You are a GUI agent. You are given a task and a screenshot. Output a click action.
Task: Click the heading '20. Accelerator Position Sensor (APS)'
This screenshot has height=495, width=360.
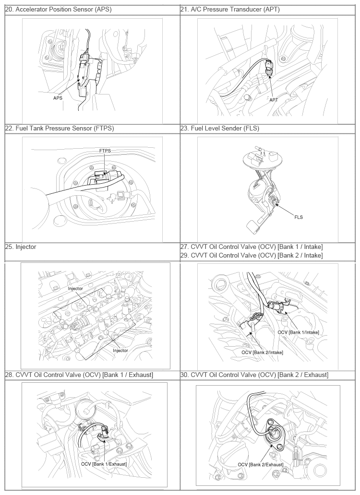pos(59,10)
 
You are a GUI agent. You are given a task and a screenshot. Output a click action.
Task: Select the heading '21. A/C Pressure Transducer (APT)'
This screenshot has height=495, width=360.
pos(230,10)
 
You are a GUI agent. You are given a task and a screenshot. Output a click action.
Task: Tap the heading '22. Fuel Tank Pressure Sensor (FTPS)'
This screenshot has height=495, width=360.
pos(60,128)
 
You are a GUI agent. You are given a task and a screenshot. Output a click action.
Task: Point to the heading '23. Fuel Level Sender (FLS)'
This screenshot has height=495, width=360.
pos(220,128)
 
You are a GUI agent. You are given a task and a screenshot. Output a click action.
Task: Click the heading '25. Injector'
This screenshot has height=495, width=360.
pos(21,247)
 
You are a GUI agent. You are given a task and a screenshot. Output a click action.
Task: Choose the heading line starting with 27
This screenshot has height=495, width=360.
pos(252,247)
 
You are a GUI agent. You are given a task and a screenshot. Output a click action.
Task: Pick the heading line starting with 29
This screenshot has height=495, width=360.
pos(252,255)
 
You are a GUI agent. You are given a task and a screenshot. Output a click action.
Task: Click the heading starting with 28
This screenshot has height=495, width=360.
pos(79,375)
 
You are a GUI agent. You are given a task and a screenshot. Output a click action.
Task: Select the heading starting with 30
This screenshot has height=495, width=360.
pos(254,375)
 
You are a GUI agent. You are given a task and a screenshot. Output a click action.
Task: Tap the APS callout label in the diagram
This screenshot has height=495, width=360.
pos(58,98)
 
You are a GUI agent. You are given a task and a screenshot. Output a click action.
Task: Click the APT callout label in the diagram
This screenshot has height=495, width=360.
pos(274,100)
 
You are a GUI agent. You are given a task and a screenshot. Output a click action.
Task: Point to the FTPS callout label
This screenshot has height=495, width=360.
pos(105,151)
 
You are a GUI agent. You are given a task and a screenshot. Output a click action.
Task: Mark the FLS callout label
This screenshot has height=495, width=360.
pos(299,217)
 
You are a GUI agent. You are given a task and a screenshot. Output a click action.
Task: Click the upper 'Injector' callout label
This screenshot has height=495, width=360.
pos(75,289)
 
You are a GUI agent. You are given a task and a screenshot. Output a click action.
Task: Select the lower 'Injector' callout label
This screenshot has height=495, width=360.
pos(120,351)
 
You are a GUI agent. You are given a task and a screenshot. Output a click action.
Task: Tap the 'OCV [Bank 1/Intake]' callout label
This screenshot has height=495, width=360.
pos(299,332)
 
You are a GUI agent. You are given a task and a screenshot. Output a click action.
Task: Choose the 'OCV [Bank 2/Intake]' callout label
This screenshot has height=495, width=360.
pos(262,352)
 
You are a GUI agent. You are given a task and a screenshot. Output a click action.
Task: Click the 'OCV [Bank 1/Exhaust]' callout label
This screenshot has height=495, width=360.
pos(104,464)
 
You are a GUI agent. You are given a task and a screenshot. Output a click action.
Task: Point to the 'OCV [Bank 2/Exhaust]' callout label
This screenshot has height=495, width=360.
pos(261,465)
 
